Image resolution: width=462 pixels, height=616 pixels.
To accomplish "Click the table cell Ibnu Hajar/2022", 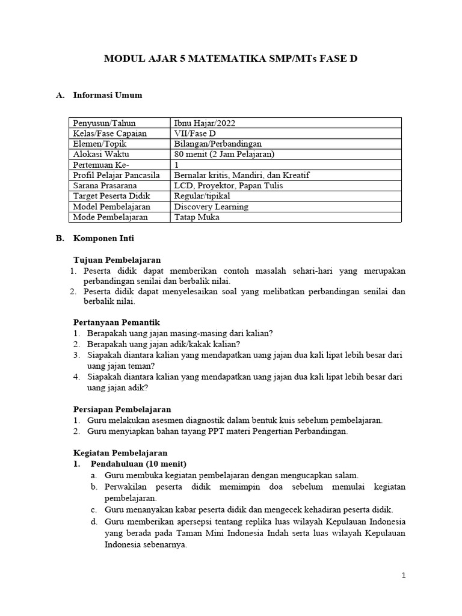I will pyautogui.click(x=205, y=123).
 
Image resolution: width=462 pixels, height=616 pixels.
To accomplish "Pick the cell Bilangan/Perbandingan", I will pyautogui.click(x=218, y=144).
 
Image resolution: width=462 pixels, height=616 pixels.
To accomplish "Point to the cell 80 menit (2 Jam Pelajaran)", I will pyautogui.click(x=224, y=154).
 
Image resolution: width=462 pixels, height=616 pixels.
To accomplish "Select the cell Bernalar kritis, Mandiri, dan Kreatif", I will pyautogui.click(x=242, y=175).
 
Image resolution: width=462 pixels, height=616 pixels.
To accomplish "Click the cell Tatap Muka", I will pyautogui.click(x=196, y=217).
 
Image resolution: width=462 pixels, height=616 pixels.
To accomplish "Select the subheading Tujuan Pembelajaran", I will pyautogui.click(x=117, y=260).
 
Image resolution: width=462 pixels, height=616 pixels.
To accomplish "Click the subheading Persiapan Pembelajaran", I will pyautogui.click(x=122, y=409).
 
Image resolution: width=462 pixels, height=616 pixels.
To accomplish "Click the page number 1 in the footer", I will pyautogui.click(x=404, y=576).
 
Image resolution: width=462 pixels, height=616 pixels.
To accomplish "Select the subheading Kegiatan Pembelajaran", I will pyautogui.click(x=120, y=452).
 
